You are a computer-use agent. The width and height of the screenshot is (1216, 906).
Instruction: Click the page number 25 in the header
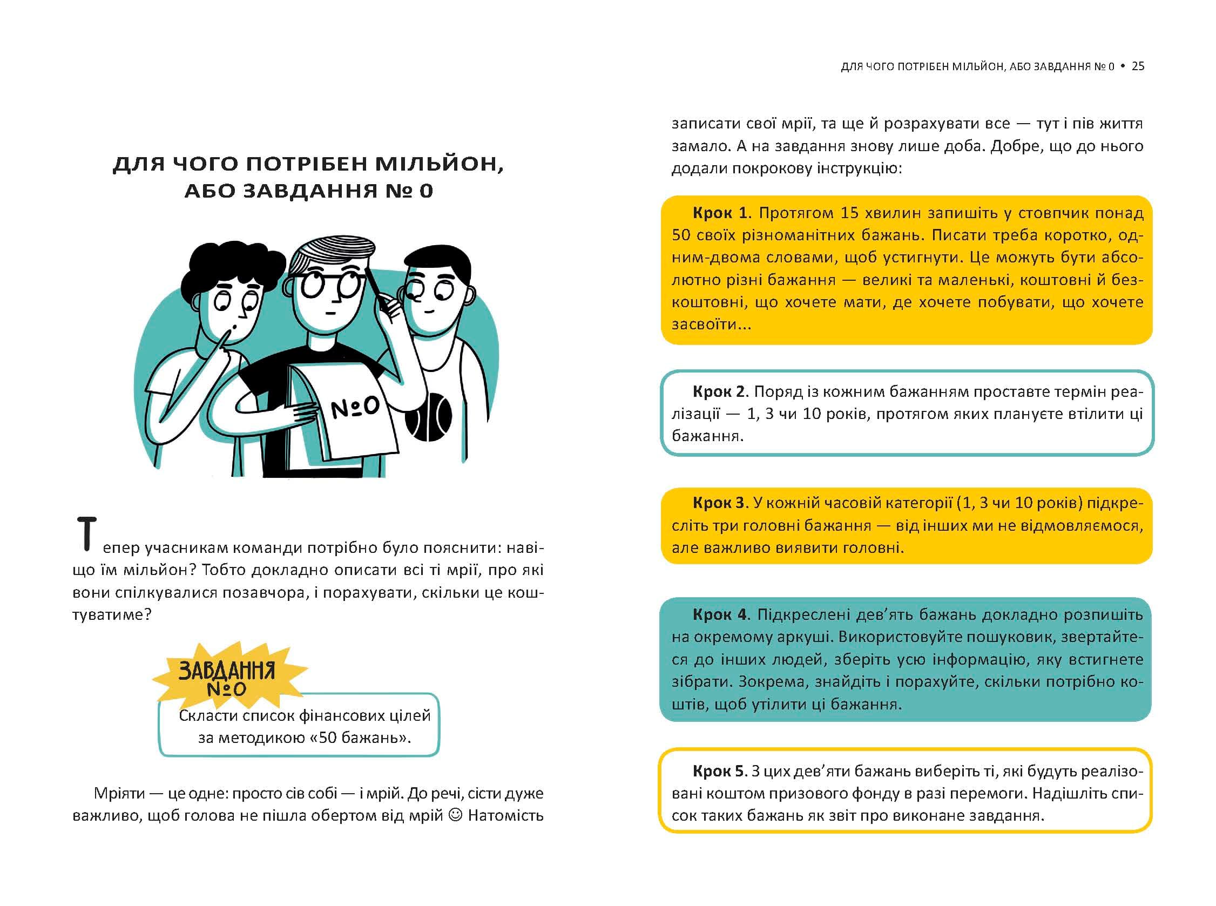pos(1138,66)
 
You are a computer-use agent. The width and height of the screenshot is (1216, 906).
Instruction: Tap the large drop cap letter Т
pos(86,533)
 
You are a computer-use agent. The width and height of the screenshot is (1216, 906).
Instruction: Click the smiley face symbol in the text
pos(455,815)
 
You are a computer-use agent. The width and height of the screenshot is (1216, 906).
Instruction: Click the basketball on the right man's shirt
pos(428,417)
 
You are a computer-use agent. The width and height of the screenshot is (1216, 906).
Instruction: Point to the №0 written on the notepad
pos(355,407)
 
